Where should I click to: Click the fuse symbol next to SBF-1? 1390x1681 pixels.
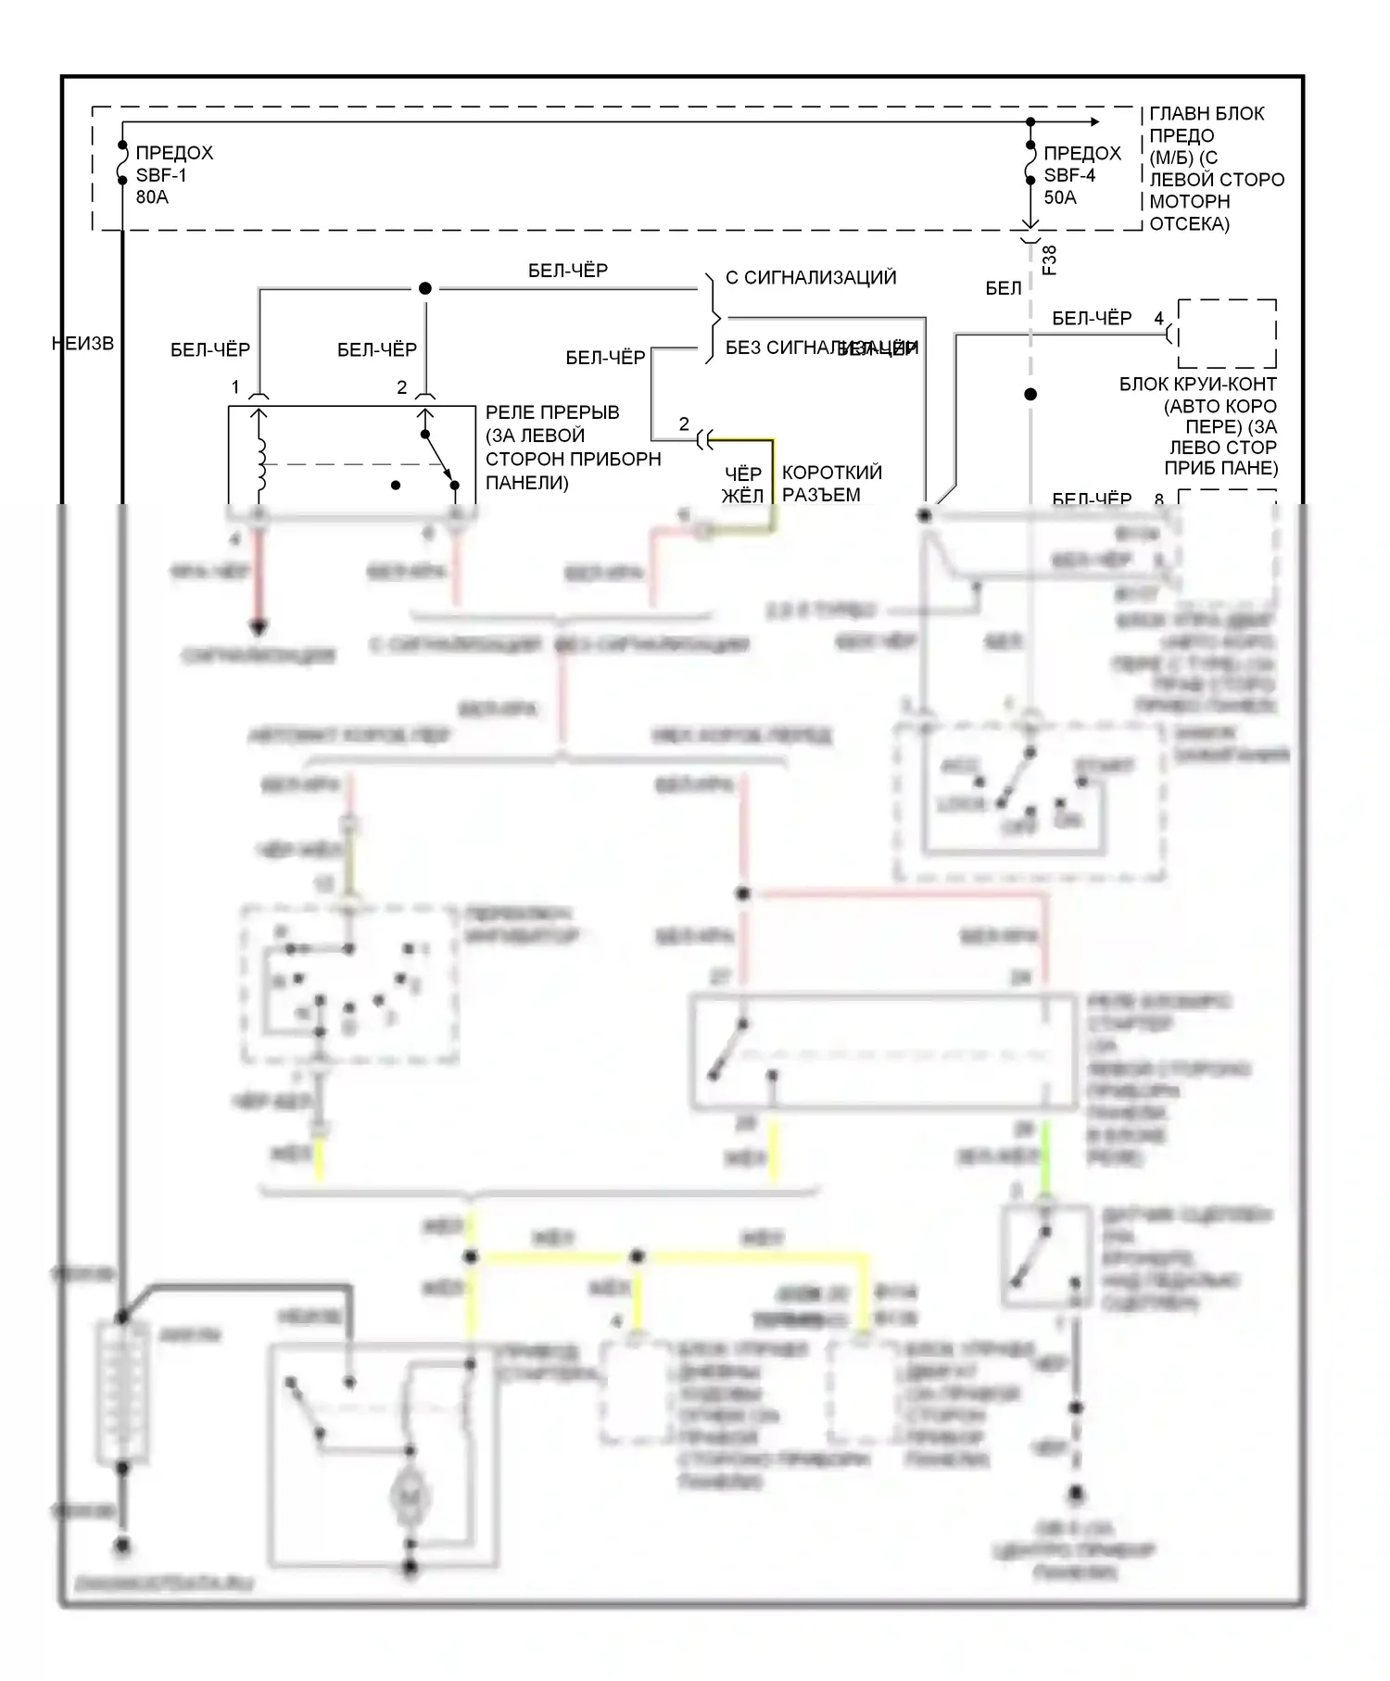[x=122, y=164]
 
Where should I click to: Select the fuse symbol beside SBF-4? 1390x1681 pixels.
[x=1030, y=164]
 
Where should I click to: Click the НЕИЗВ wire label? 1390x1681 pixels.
[x=82, y=344]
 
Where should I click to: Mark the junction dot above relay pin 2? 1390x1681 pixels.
[x=425, y=288]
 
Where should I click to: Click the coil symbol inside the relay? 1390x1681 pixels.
[x=260, y=463]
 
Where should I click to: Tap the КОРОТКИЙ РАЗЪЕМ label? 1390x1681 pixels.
[x=831, y=484]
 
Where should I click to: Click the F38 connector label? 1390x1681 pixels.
[x=1050, y=260]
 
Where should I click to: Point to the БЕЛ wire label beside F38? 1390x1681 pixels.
[x=1004, y=288]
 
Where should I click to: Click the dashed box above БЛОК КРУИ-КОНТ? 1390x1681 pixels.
[x=1227, y=334]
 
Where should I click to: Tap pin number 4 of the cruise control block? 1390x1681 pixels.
[x=1158, y=319]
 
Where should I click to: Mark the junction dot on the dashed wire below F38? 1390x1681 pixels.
[x=1030, y=394]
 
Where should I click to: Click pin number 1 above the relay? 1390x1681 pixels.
[x=235, y=387]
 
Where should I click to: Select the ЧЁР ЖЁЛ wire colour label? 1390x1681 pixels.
[x=743, y=485]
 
